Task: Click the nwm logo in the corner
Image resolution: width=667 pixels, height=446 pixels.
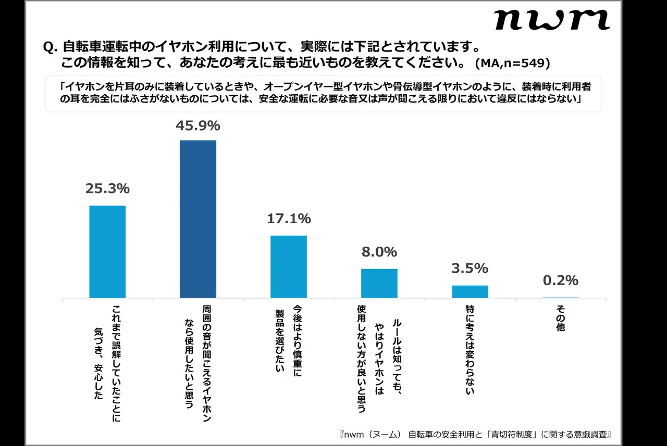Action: (x=551, y=20)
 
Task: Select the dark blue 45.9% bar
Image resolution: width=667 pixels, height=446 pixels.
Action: (x=198, y=219)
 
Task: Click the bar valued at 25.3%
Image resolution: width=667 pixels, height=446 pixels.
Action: (x=107, y=251)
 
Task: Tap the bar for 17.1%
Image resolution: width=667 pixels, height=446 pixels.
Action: (x=289, y=266)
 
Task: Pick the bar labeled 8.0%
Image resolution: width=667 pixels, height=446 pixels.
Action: (x=379, y=283)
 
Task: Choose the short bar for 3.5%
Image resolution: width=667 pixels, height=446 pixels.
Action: (x=470, y=291)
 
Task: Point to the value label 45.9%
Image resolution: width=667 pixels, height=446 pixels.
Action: (x=198, y=126)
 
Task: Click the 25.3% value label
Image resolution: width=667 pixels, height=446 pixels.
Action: (x=107, y=189)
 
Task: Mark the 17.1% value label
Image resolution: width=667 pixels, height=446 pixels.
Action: (x=289, y=219)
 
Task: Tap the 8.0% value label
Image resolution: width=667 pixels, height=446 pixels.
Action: (x=379, y=252)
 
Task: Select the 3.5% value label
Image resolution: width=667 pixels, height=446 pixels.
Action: (x=470, y=269)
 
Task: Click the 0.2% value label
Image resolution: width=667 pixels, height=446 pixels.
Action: (x=561, y=281)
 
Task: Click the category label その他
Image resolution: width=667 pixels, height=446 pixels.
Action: (x=561, y=318)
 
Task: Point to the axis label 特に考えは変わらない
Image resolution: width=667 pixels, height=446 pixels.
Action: (x=470, y=350)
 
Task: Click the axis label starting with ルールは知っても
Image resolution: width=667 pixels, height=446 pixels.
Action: (x=379, y=359)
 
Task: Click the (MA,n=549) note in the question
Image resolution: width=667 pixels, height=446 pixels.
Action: (x=513, y=63)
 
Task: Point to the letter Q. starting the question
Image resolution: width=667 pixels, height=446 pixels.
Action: (x=50, y=47)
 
